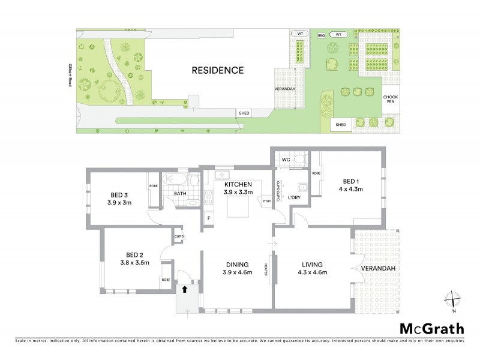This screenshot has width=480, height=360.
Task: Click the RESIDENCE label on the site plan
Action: tap(217, 70)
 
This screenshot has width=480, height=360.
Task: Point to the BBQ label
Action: tap(321, 35)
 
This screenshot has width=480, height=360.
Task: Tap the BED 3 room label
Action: tap(120, 194)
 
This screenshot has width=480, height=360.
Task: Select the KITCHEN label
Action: tap(238, 184)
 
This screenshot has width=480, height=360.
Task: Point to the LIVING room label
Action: tap(310, 264)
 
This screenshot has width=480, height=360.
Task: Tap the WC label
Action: tap(286, 160)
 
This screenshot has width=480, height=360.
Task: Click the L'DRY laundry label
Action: tap(295, 197)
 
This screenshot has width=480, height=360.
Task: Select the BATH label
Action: tap(180, 194)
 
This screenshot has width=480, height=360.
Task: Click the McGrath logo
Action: tap(431, 328)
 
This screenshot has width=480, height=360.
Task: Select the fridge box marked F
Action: tap(209, 218)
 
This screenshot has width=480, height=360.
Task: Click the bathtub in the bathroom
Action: tap(176, 179)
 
